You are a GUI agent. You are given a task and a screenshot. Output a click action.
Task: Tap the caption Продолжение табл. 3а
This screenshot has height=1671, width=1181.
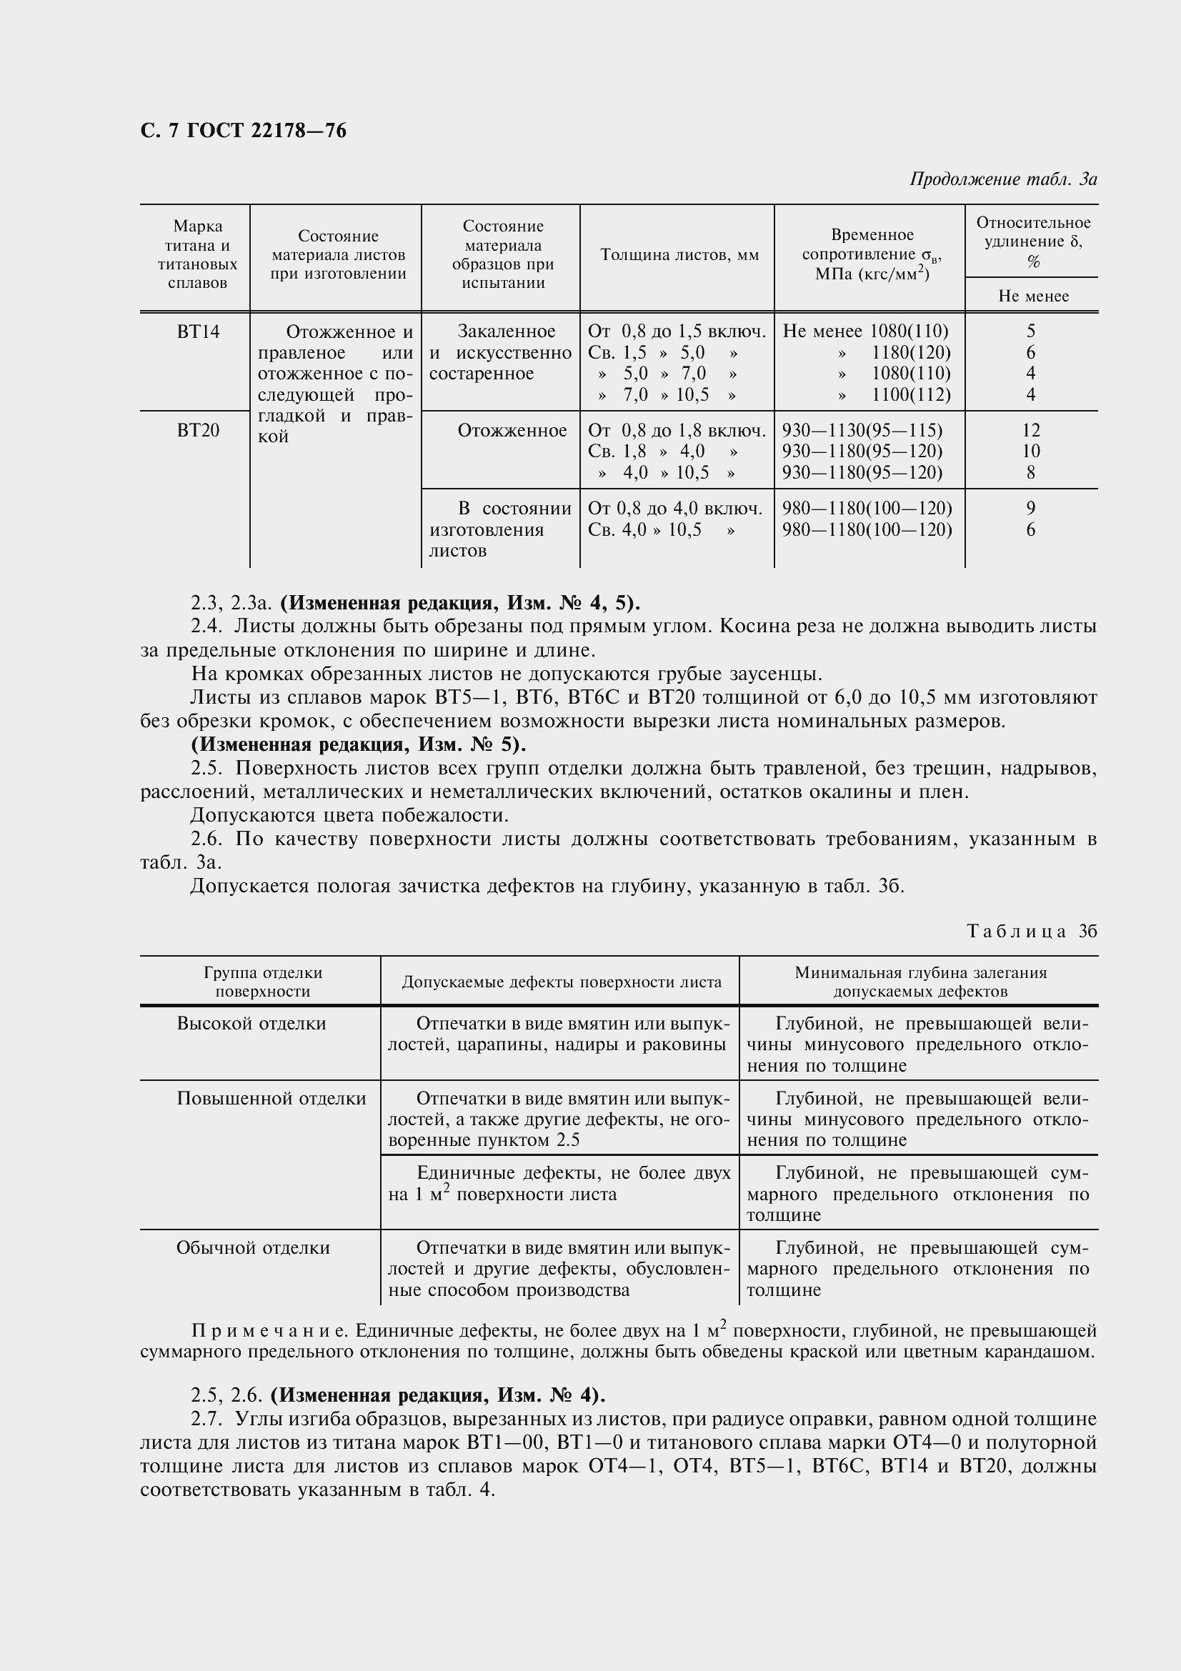point(1002,179)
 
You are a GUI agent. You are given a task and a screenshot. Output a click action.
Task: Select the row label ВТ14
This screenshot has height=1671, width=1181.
point(198,332)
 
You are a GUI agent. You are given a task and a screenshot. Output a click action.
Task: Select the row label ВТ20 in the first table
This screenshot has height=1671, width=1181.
point(198,430)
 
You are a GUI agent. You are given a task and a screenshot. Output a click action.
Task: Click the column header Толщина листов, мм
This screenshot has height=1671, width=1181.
point(679,255)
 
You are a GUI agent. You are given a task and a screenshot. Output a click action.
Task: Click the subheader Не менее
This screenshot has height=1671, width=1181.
point(1032,296)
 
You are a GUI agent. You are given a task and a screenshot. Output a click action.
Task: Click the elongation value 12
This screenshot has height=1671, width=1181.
point(1030,430)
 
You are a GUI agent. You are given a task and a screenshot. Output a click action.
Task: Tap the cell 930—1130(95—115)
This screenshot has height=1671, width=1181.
point(862,430)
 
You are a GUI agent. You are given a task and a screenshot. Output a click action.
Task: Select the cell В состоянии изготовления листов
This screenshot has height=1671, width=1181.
point(500,529)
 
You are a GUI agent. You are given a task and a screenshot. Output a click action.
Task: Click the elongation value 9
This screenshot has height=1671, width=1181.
point(1030,508)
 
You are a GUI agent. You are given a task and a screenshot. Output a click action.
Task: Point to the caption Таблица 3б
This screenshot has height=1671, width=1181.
point(1031,932)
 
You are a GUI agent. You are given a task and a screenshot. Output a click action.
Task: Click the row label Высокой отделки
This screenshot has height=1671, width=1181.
point(251,1023)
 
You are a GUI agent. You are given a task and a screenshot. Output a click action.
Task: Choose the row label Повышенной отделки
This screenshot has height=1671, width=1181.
point(271,1098)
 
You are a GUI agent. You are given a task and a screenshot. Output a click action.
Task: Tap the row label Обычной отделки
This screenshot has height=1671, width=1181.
point(252,1247)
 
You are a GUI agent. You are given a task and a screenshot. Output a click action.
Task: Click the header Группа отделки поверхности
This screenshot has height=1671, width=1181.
point(263,982)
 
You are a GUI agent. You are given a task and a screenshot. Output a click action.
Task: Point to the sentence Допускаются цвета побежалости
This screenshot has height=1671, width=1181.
point(349,815)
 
